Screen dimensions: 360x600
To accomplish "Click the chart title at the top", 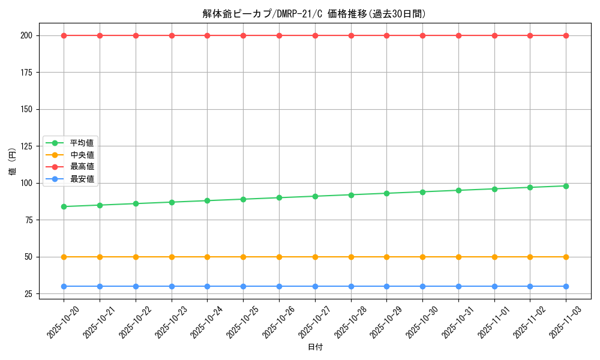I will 314,14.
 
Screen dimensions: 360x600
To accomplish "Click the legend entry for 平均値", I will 82,143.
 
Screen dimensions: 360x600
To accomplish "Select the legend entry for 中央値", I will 82,155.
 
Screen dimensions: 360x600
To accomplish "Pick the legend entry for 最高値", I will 82,166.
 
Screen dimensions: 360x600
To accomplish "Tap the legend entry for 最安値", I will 82,178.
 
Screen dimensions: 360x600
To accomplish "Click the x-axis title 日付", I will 314,347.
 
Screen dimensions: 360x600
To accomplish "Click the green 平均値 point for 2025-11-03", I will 566,186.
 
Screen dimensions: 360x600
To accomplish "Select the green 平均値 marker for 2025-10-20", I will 64,206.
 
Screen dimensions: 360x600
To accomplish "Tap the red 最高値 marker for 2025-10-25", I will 243,35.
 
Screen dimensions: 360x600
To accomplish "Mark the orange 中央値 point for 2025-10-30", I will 422,257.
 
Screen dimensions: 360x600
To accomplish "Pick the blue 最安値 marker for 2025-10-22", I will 136,286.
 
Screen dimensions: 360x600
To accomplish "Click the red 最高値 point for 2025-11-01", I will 494,35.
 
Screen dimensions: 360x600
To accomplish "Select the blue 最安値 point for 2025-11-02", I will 530,286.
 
